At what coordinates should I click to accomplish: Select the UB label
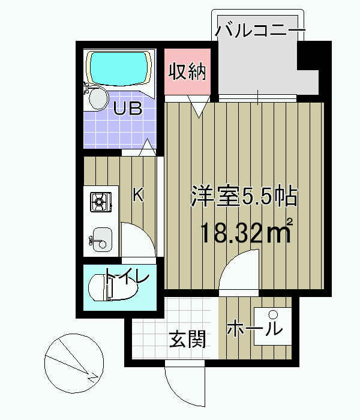click(128, 109)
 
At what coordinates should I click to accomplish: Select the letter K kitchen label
click(137, 194)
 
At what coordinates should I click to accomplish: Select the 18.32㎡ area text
click(246, 231)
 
